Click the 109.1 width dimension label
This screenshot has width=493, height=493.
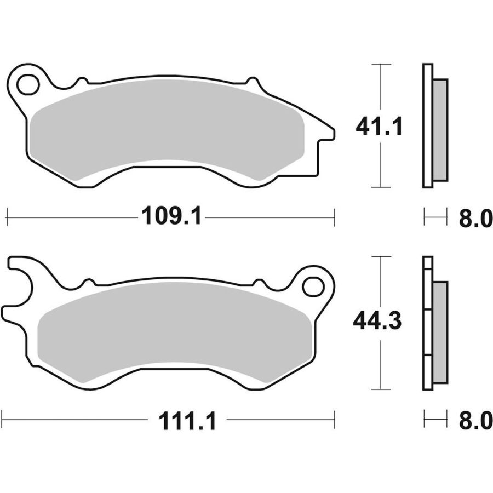(x=171, y=216)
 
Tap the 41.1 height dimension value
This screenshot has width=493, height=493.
(x=379, y=126)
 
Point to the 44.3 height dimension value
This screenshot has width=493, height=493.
(x=377, y=320)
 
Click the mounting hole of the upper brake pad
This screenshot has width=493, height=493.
(x=28, y=85)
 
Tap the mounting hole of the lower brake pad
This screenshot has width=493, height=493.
(x=313, y=286)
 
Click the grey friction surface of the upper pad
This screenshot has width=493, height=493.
(x=167, y=129)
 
